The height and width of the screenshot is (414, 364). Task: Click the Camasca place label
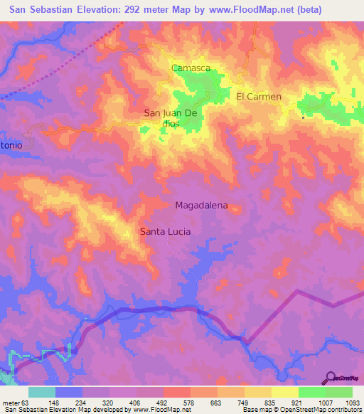tap(191, 68)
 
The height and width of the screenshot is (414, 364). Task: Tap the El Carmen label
tap(259, 96)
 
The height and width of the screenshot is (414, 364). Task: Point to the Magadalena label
tap(201, 206)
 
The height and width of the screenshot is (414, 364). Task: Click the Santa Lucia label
tap(165, 231)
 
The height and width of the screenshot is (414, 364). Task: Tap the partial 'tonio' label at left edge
tap(11, 144)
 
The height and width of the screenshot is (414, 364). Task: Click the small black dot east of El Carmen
tap(304, 117)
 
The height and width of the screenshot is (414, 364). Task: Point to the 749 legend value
tap(243, 402)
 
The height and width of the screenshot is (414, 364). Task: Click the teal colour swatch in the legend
tap(41, 392)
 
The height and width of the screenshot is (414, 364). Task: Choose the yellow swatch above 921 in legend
tap(284, 392)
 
